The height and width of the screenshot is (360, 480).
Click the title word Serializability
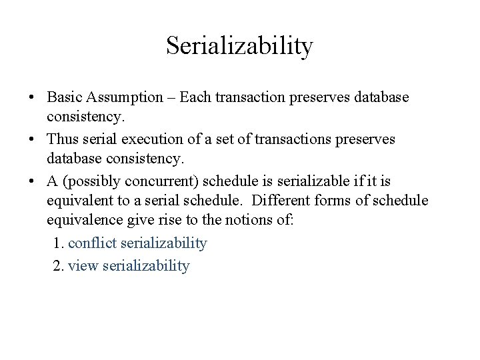tap(239, 46)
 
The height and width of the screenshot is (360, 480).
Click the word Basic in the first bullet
tap(63, 97)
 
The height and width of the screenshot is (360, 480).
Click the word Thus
tap(63, 139)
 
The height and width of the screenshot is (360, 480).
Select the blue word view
tap(83, 266)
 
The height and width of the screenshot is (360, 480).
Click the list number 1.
tap(57, 244)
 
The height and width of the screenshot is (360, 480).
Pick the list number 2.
tap(57, 266)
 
